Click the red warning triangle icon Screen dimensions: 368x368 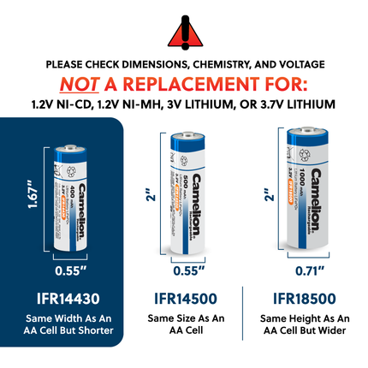coord(184,31)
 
